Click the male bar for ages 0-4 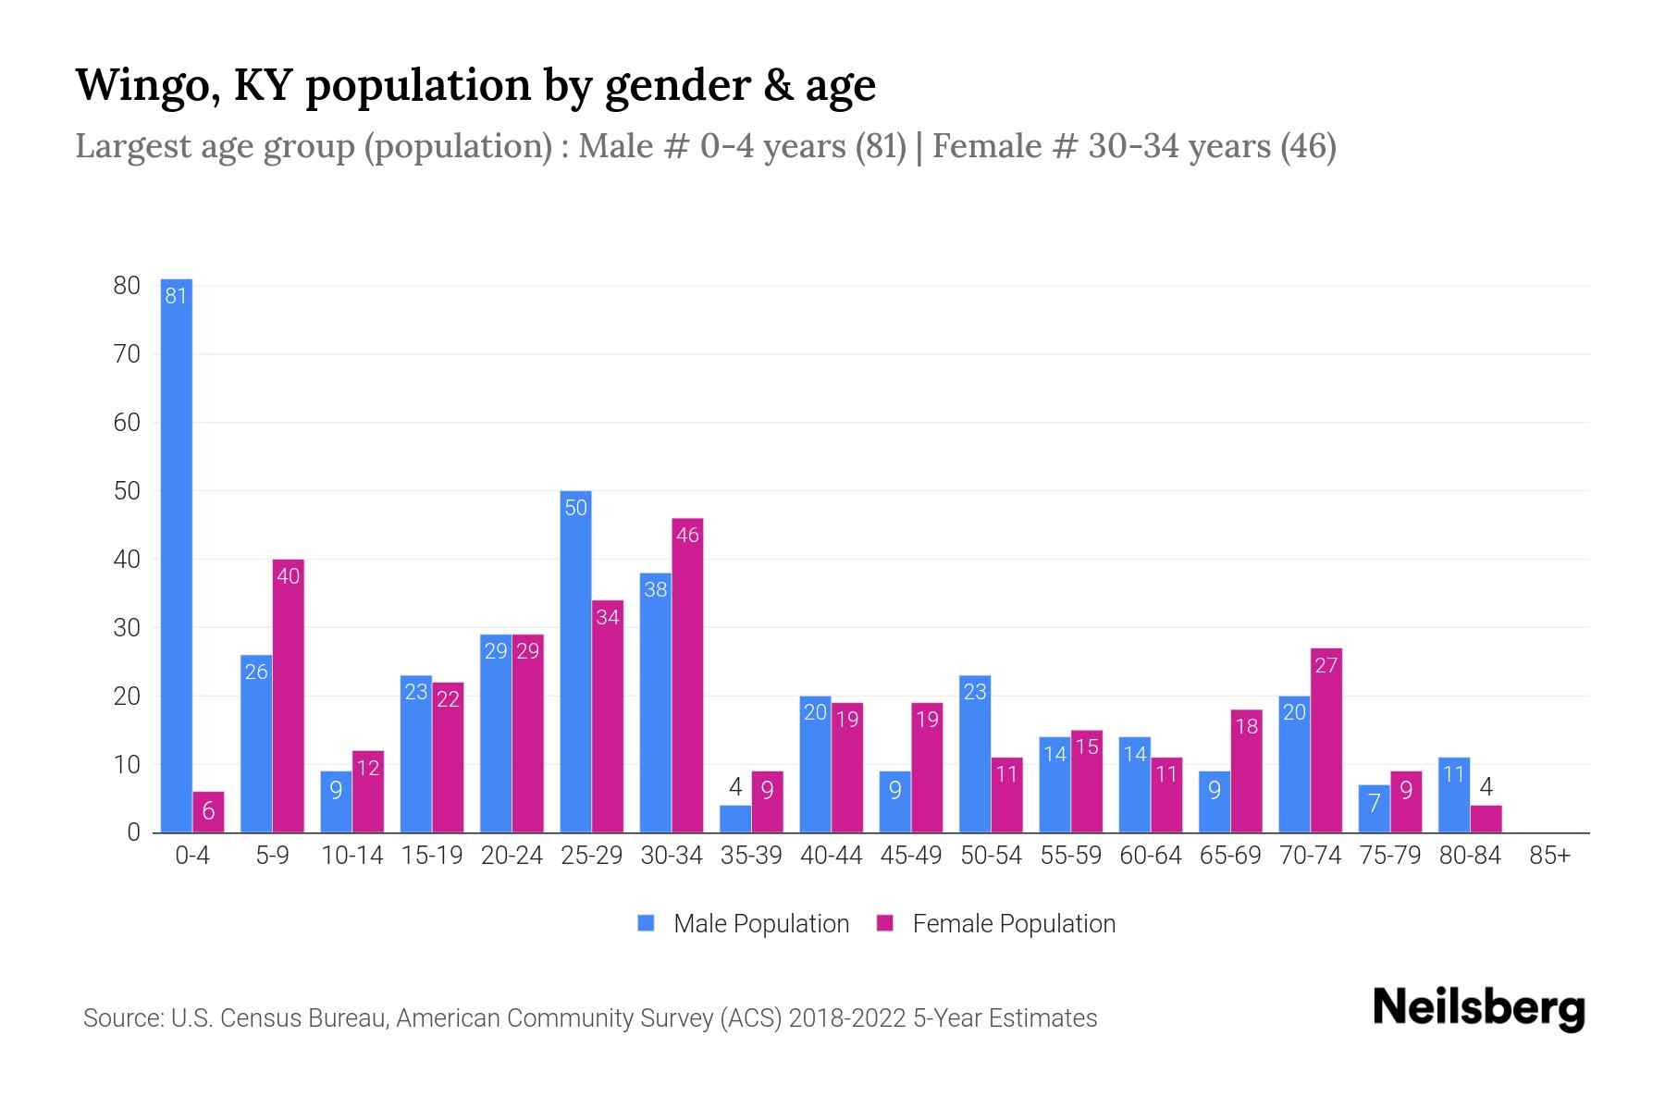click(176, 555)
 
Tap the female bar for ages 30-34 click(687, 675)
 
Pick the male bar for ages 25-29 click(575, 661)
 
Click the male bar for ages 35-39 click(735, 820)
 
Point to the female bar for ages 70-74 click(1326, 740)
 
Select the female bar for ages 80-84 click(1486, 820)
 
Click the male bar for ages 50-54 click(975, 754)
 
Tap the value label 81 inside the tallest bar click(176, 296)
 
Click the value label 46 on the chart click(687, 535)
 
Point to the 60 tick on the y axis click(127, 423)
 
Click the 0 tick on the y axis click(133, 832)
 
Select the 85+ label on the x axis click(1549, 856)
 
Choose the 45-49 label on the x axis click(911, 856)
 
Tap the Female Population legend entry click(996, 923)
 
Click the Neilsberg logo click(1478, 1008)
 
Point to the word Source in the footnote click(121, 1018)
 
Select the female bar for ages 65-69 click(1246, 771)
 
